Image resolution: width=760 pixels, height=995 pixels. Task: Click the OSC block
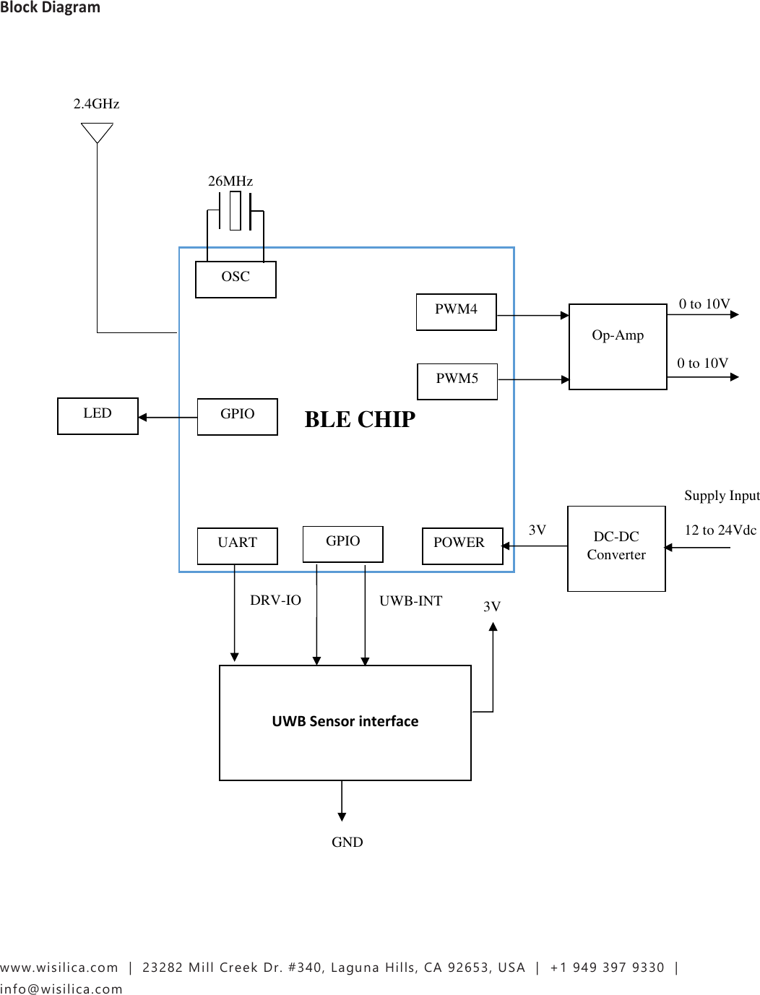(236, 279)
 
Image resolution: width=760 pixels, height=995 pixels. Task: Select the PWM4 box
(456, 311)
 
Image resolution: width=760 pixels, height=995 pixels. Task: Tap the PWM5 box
(457, 381)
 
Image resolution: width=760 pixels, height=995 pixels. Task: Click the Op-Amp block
(618, 346)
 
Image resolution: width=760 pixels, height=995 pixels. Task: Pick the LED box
(98, 415)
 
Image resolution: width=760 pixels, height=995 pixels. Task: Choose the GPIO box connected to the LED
(237, 416)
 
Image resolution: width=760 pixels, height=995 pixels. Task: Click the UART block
(237, 545)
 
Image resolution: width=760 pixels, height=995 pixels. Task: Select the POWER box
(462, 545)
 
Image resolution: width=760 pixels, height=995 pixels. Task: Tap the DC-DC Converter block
(616, 548)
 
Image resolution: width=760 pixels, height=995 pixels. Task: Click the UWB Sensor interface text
(345, 721)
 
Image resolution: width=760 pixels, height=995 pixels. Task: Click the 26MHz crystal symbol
(235, 211)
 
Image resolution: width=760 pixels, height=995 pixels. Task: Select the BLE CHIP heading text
(360, 420)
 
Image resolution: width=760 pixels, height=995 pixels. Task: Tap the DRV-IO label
(275, 600)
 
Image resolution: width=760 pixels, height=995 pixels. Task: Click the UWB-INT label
(410, 600)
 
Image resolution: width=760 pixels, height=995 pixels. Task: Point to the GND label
(347, 842)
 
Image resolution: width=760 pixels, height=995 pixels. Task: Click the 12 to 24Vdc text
(720, 530)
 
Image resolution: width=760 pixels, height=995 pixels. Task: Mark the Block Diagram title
(50, 8)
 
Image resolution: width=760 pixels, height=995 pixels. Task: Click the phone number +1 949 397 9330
(607, 968)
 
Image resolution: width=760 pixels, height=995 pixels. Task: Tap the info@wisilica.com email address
(61, 988)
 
